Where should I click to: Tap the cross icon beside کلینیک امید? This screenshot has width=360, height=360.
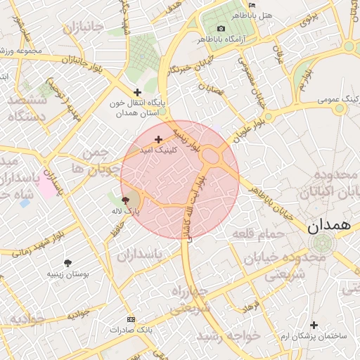point(158,139)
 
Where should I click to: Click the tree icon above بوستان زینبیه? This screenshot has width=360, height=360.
point(67,262)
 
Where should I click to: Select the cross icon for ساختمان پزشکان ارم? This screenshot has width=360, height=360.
point(314,325)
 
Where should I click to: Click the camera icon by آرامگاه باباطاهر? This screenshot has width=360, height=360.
point(221,28)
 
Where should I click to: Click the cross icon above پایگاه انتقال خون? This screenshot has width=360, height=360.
point(137,92)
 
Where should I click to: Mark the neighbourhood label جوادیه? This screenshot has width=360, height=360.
point(27,319)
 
